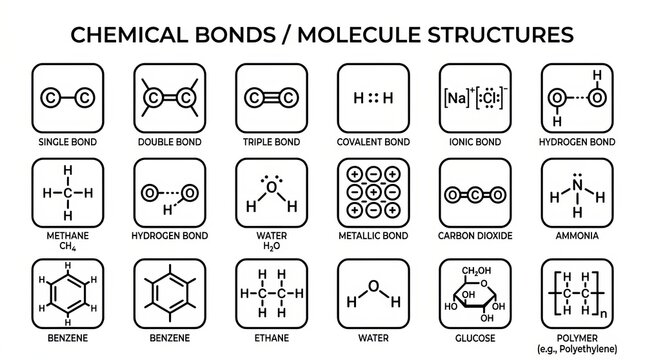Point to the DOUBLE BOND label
pos(168,142)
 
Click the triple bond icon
pos(270,97)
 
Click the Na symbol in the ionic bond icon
pos(454,98)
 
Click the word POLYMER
pos(577,335)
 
